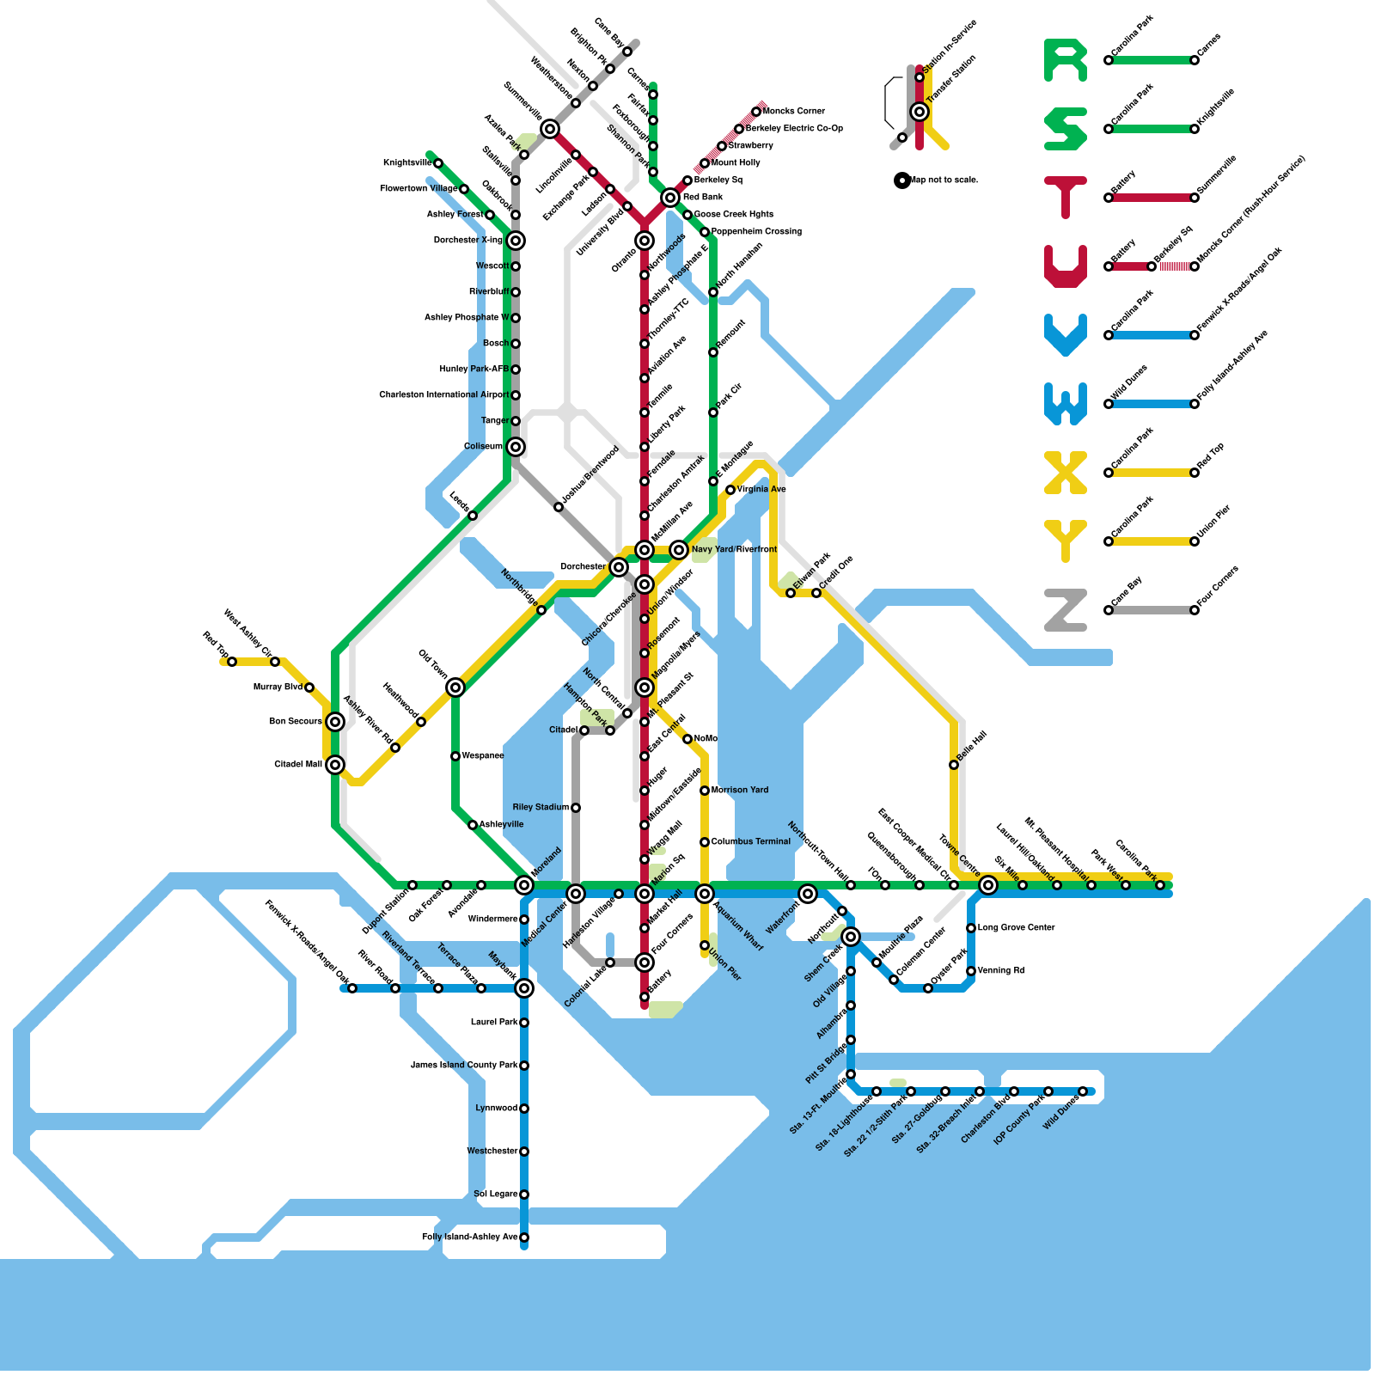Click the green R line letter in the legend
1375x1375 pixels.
pos(1065,60)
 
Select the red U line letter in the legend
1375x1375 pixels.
pos(1065,266)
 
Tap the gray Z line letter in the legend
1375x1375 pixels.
pos(1065,610)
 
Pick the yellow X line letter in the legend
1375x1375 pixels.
pos(1065,473)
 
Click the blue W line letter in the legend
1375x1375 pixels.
pos(1065,404)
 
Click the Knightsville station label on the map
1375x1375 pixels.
pos(407,163)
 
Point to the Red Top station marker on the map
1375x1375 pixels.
pos(232,662)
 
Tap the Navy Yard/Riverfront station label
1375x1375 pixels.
pos(734,550)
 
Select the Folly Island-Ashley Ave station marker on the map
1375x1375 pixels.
pos(524,1237)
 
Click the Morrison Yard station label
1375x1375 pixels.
pos(740,791)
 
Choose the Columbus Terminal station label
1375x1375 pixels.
pos(750,842)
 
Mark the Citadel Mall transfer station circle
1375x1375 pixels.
pos(335,765)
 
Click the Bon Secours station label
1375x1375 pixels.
pos(296,722)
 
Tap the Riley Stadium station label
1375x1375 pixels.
pos(541,808)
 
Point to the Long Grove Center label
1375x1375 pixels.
pos(1016,928)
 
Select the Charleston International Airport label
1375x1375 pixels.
pos(444,395)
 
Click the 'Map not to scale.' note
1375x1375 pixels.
pos(944,180)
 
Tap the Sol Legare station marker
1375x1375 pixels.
pos(524,1195)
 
